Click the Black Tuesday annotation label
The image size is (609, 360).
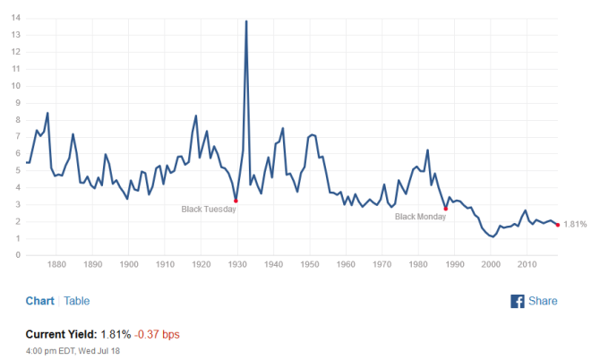tap(209, 209)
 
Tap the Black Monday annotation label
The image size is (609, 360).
tap(420, 217)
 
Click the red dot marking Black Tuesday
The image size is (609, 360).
tap(236, 201)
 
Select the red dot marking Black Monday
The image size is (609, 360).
tap(446, 209)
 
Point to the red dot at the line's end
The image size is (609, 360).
tap(558, 225)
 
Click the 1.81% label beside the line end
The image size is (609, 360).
tap(575, 225)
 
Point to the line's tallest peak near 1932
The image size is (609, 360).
tap(246, 21)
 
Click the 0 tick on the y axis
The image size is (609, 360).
tap(18, 255)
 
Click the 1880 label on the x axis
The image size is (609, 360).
tap(56, 265)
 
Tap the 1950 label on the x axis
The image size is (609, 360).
tap(309, 265)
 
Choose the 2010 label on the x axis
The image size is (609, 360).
tap(527, 265)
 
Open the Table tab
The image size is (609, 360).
tap(76, 301)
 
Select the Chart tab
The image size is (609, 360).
tap(39, 301)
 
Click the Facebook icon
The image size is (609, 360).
tap(517, 301)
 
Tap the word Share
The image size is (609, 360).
tap(543, 301)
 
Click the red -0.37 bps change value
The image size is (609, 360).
tap(158, 334)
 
